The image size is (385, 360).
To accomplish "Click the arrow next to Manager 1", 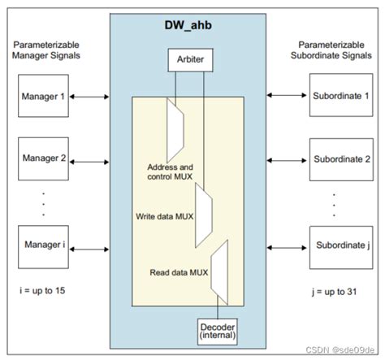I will (x=89, y=97).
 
